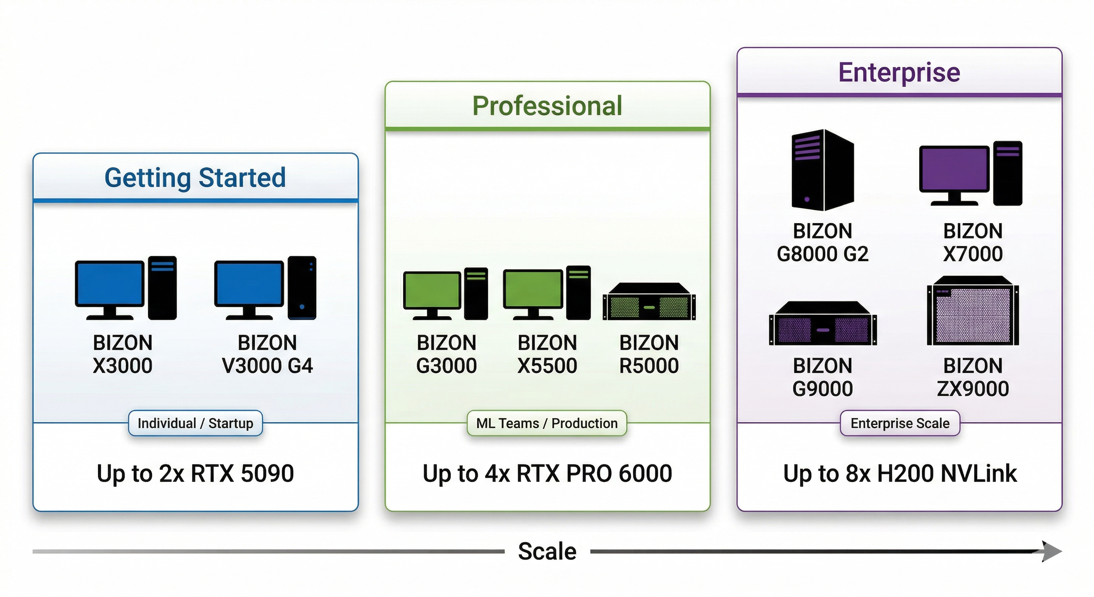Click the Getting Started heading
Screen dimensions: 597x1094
point(195,178)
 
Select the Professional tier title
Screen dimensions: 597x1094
point(547,106)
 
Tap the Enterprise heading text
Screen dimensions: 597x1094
point(899,72)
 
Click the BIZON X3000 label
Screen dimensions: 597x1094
point(123,354)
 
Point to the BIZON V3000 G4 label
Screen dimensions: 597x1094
point(267,354)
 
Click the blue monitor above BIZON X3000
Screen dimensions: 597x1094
point(110,284)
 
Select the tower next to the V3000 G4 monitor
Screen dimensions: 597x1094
point(301,288)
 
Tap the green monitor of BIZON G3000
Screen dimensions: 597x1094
point(432,290)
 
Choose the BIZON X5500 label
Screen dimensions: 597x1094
point(547,354)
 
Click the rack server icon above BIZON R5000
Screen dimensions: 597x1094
point(649,302)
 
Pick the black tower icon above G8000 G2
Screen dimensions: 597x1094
point(822,170)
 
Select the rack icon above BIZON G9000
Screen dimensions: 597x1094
point(822,324)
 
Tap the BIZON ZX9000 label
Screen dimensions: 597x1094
point(972,377)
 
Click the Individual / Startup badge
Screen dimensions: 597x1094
point(195,423)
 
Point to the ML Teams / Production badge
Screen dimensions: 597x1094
point(547,423)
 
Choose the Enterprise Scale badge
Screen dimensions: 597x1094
point(900,423)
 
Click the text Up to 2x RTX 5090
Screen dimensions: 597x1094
point(195,473)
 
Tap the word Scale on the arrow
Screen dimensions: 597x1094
point(547,552)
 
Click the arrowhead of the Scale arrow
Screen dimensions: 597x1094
point(1052,552)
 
